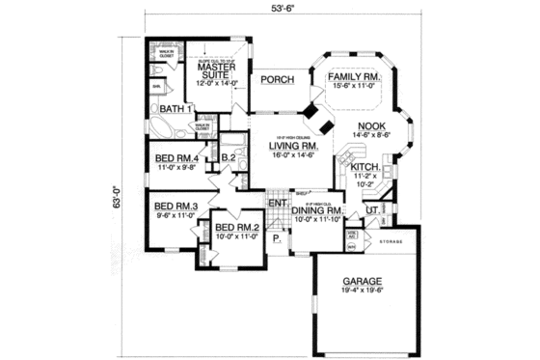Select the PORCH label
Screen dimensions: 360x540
click(276, 82)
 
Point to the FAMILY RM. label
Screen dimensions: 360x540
click(352, 77)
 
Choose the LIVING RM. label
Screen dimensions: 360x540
click(288, 147)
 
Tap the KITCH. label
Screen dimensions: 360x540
click(351, 166)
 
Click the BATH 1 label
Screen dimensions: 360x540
click(176, 109)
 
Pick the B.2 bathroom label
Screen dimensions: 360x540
click(229, 157)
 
